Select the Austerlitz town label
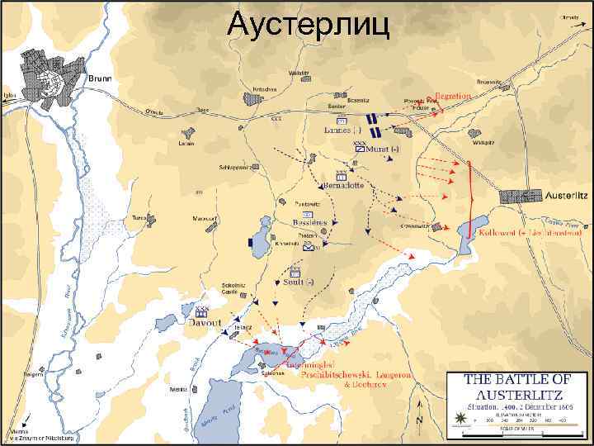pos(568,196)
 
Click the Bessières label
pos(310,222)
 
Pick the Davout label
pos(201,325)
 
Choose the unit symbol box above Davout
pos(200,313)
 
